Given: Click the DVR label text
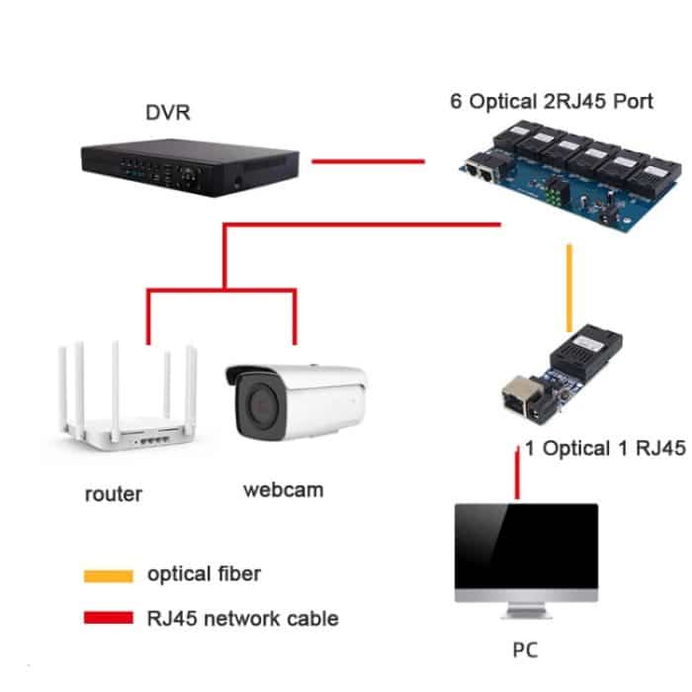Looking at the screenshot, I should (167, 113).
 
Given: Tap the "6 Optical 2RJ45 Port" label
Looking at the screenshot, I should (552, 102).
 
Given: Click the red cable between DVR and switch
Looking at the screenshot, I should (368, 160).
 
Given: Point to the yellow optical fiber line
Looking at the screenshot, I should (568, 288).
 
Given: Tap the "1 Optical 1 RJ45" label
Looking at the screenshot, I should (605, 449).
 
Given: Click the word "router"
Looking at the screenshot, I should (113, 493).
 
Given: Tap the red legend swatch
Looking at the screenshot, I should (108, 619).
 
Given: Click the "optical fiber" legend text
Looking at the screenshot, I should (204, 573).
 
